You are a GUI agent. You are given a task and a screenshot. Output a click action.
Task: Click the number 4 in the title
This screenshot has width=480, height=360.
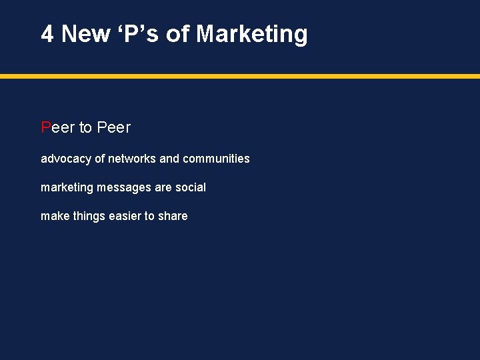[47, 33]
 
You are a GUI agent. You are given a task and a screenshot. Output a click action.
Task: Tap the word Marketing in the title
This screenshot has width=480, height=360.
[252, 33]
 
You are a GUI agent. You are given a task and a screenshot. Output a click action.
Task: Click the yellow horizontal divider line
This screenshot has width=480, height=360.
[240, 77]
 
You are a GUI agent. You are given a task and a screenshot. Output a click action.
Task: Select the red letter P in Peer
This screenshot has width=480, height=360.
[46, 127]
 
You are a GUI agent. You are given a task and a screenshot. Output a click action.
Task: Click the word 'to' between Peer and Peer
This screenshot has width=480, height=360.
[86, 127]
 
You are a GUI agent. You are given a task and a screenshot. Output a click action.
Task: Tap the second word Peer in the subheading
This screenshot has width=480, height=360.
[114, 127]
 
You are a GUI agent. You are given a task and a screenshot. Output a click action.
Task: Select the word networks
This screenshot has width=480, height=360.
[132, 159]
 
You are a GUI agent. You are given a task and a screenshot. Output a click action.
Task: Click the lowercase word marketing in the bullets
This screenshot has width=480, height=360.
[67, 187]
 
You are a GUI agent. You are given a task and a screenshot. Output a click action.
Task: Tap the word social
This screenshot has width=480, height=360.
[191, 187]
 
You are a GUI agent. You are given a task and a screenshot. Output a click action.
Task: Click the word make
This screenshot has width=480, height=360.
[53, 216]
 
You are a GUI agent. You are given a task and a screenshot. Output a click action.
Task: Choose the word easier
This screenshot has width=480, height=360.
[123, 216]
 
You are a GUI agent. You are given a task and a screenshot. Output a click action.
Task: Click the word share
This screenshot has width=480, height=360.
[173, 216]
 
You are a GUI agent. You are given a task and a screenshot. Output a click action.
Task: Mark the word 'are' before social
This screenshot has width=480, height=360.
[163, 187]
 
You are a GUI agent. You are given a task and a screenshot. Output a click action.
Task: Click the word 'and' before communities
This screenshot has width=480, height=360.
[169, 159]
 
